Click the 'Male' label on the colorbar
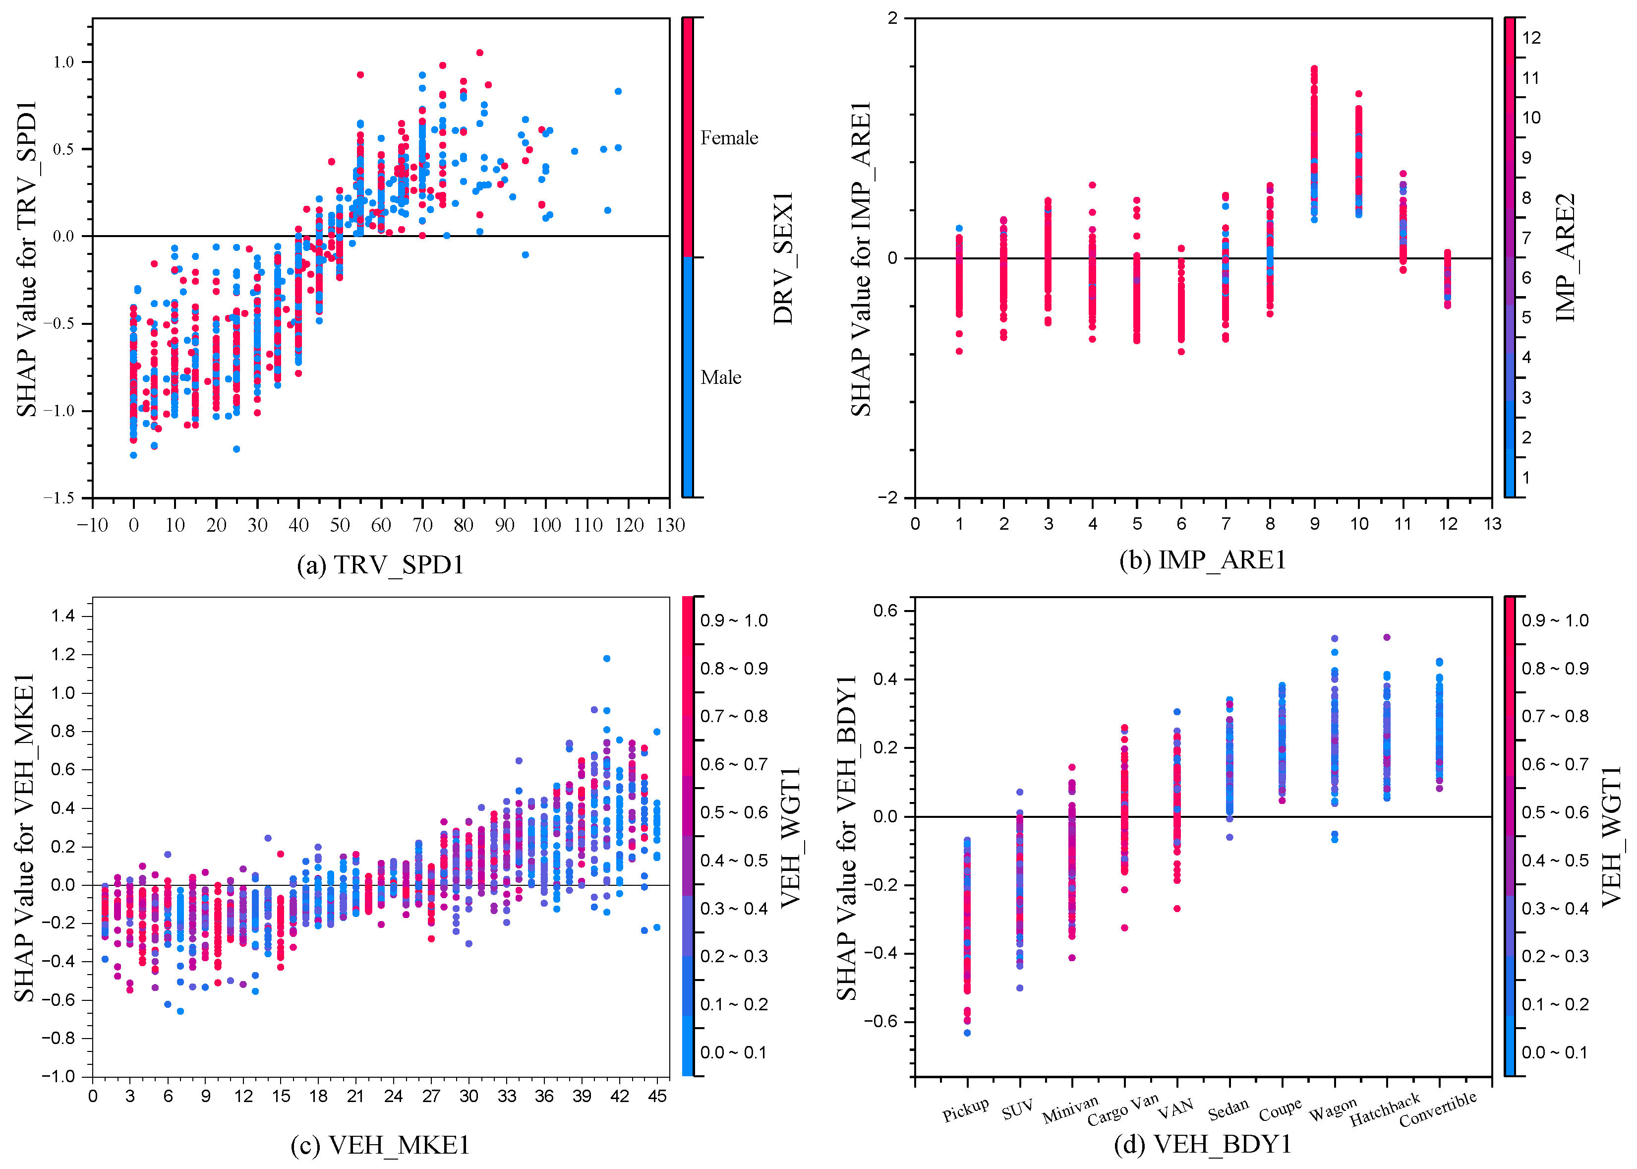(x=721, y=377)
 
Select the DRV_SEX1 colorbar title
(x=784, y=258)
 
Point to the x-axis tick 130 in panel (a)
(x=670, y=525)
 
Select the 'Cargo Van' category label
(x=1122, y=1109)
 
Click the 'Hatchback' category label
(x=1385, y=1110)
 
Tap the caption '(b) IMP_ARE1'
(x=1202, y=560)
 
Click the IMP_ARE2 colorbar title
(x=1566, y=258)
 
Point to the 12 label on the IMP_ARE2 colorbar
(x=1532, y=38)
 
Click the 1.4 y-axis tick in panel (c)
(x=63, y=615)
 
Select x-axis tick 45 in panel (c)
(x=657, y=1096)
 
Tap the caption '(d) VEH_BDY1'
(x=1202, y=1144)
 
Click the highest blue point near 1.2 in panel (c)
(x=607, y=658)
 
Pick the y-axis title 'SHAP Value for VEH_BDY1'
(x=847, y=838)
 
